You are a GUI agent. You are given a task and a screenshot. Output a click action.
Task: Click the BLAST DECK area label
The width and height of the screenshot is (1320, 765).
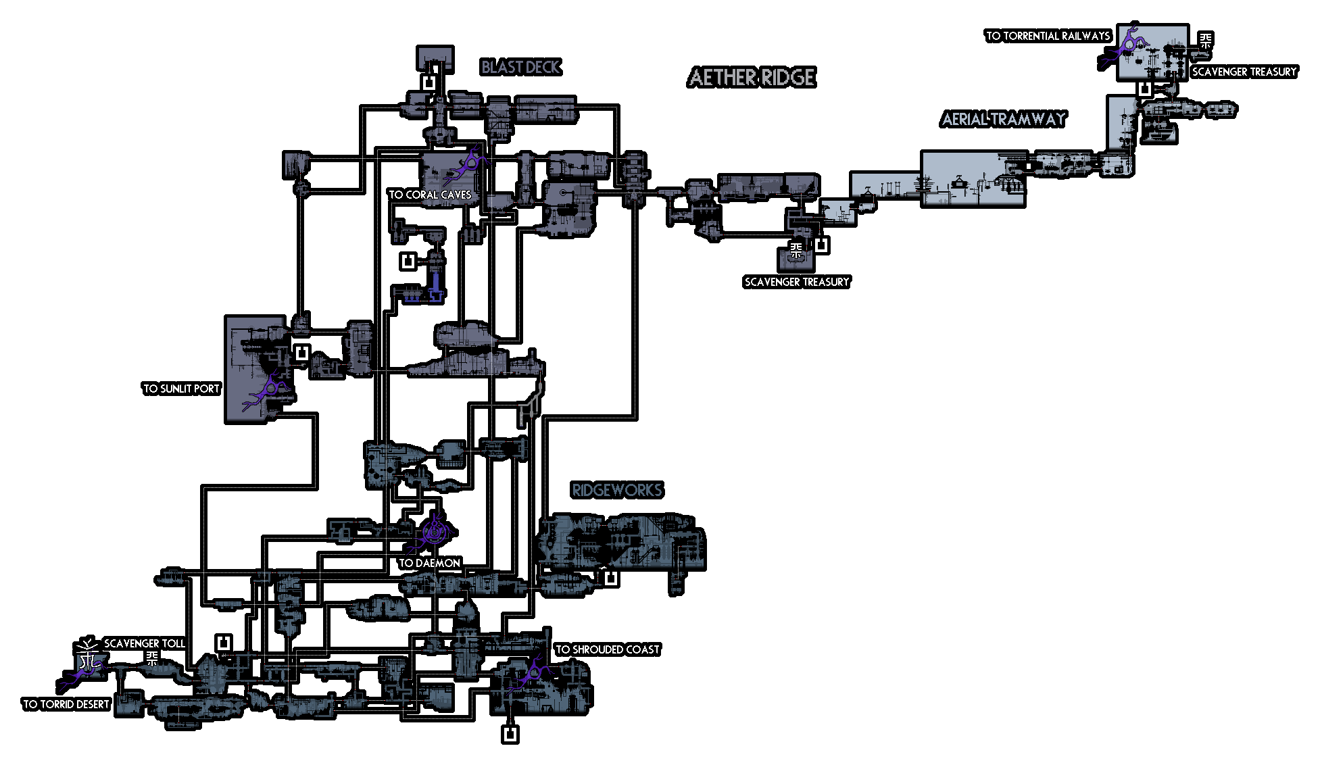521,67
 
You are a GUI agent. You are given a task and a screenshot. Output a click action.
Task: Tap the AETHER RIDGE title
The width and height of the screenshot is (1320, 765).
752,78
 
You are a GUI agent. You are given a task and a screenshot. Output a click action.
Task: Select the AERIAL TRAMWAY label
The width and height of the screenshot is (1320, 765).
1004,120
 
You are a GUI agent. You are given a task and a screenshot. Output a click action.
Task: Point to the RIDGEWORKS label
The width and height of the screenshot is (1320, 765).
617,490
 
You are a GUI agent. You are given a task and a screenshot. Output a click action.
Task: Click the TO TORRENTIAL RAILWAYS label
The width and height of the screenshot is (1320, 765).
1048,36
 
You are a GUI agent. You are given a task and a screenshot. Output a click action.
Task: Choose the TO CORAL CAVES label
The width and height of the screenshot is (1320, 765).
430,195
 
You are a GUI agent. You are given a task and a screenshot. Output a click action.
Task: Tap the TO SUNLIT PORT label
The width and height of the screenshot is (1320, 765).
182,389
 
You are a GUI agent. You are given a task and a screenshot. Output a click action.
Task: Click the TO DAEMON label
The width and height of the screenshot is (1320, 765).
430,563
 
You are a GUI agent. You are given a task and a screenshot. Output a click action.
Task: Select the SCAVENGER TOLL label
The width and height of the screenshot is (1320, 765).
145,643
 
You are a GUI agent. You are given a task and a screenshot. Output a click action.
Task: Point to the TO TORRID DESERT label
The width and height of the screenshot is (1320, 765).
66,704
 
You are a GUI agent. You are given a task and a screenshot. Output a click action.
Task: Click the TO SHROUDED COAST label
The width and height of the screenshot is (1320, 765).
608,649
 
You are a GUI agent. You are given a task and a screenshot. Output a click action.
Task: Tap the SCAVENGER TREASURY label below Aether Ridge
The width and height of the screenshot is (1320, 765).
797,282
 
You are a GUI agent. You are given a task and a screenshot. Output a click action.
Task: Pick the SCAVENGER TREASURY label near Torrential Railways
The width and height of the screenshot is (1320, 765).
1244,72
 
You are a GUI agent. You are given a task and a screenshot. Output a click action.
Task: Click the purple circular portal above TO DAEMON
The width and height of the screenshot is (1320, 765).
433,532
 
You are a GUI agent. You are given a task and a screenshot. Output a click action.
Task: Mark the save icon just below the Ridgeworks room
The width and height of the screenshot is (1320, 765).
610,578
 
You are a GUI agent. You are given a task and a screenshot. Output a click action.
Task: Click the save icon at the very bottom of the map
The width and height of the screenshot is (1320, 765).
510,734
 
